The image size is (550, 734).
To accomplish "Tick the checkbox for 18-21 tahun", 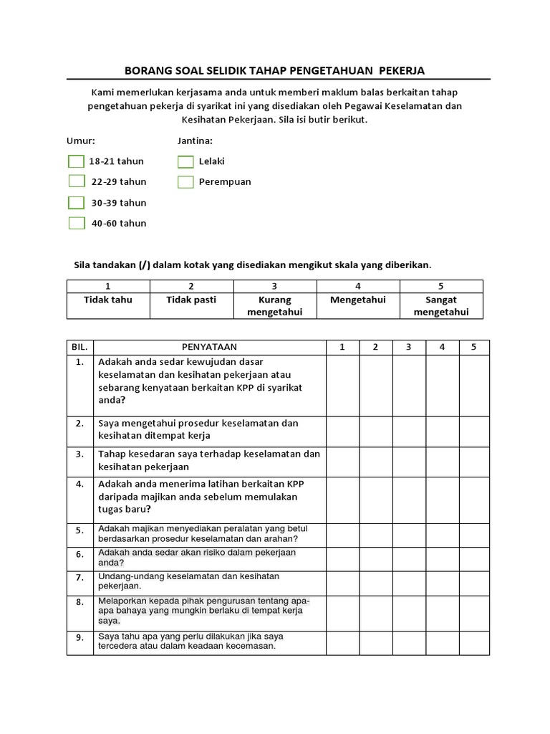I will pos(76,161).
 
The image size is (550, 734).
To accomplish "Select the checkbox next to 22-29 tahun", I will pos(76,181).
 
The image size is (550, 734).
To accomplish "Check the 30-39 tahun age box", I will pos(76,202).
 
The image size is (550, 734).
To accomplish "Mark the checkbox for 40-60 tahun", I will pos(76,223).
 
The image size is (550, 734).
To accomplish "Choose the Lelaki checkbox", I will pos(185,161).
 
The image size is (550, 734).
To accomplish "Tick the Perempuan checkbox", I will pos(185,181).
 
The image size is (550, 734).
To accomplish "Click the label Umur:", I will pos(81,141).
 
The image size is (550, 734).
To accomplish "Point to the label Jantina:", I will pos(195,141).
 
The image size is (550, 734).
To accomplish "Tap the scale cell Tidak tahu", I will pos(108,300).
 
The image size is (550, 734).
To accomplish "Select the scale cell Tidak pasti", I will pos(191,300).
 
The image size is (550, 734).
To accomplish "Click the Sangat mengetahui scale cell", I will pos(441,306).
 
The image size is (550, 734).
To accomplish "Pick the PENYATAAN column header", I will pos(208,347).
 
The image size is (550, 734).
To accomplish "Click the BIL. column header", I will pos(79,347).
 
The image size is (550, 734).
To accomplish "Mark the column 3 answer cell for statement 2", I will pos(408,430).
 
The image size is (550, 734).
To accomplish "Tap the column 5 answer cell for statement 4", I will pos(474,497).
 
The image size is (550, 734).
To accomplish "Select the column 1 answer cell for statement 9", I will pos(342,642).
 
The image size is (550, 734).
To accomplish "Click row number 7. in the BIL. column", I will pos(79,577).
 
